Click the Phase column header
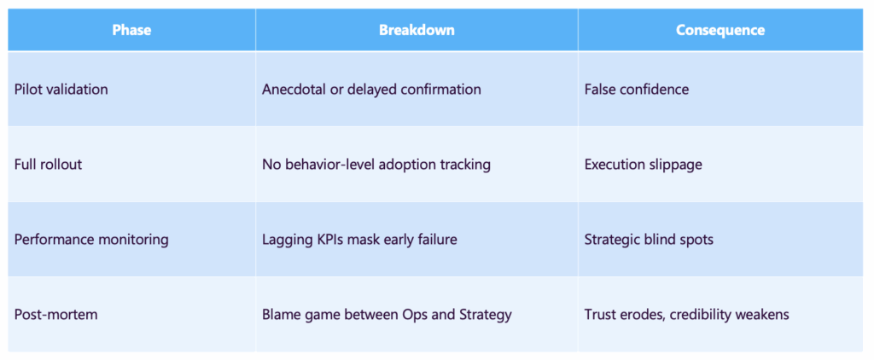(x=131, y=30)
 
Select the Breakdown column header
(x=417, y=30)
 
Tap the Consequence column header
(x=720, y=30)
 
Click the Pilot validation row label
(x=61, y=89)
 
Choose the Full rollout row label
(x=49, y=164)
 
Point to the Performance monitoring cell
(x=91, y=239)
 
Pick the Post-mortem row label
(x=56, y=314)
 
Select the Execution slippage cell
(x=644, y=164)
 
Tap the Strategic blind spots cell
(x=649, y=239)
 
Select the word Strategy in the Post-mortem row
(x=484, y=314)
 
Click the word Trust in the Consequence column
(x=603, y=314)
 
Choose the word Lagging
(x=288, y=239)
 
